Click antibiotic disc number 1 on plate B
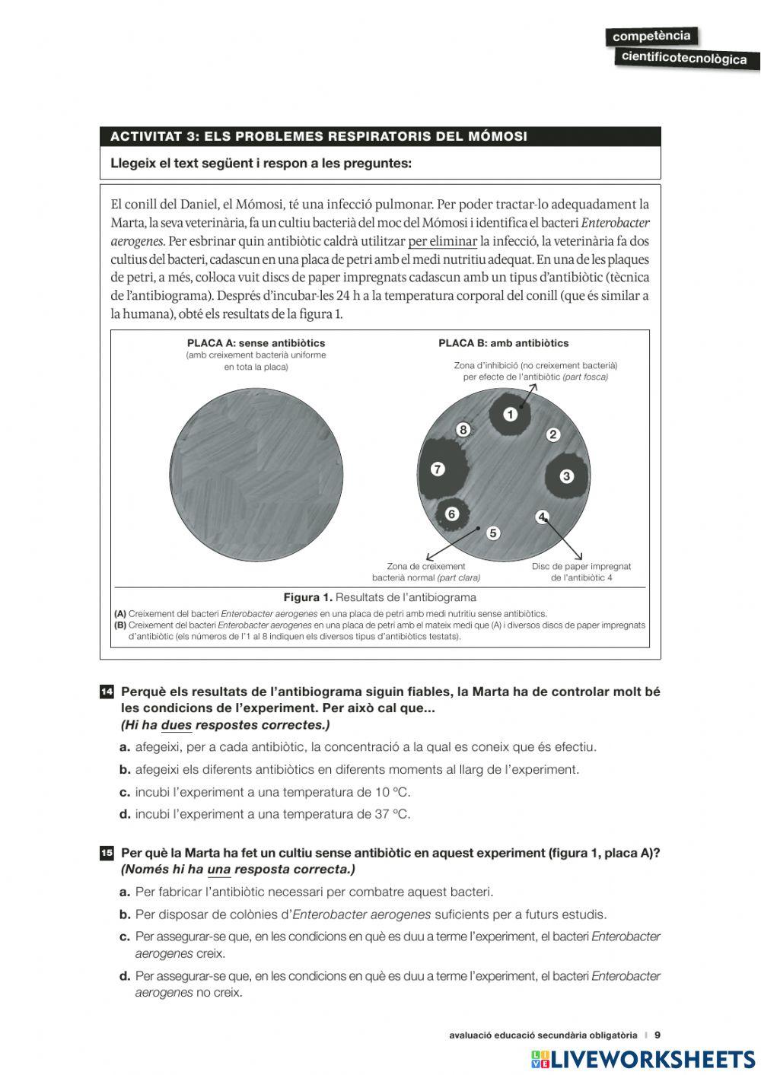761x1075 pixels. [x=510, y=414]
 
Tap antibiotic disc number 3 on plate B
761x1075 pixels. [x=566, y=476]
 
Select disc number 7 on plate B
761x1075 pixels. [x=438, y=469]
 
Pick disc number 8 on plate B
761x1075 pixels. [x=463, y=430]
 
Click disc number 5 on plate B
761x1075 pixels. [x=492, y=533]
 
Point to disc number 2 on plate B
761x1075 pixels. [x=553, y=434]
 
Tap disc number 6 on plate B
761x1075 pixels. [x=451, y=514]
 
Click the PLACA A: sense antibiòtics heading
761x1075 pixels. [x=256, y=343]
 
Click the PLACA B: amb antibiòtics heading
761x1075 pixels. [x=503, y=343]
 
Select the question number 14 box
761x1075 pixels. [x=107, y=692]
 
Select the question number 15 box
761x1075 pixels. [x=107, y=853]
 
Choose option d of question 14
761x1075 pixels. [x=125, y=814]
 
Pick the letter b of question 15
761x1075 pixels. [x=125, y=914]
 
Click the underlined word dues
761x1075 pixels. [x=176, y=725]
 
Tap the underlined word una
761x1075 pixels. [x=218, y=870]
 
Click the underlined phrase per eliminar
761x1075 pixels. [x=442, y=241]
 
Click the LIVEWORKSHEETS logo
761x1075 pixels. [x=643, y=1059]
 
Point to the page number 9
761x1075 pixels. [x=658, y=1035]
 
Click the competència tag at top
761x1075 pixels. [x=651, y=36]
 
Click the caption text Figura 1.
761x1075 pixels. [x=307, y=597]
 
